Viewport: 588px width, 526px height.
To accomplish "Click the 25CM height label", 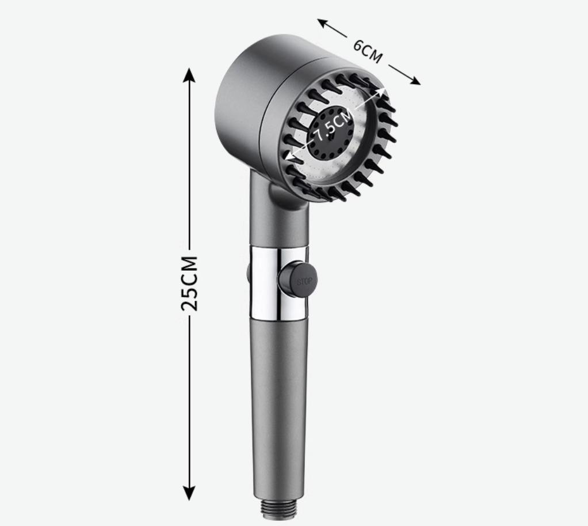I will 189,283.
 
